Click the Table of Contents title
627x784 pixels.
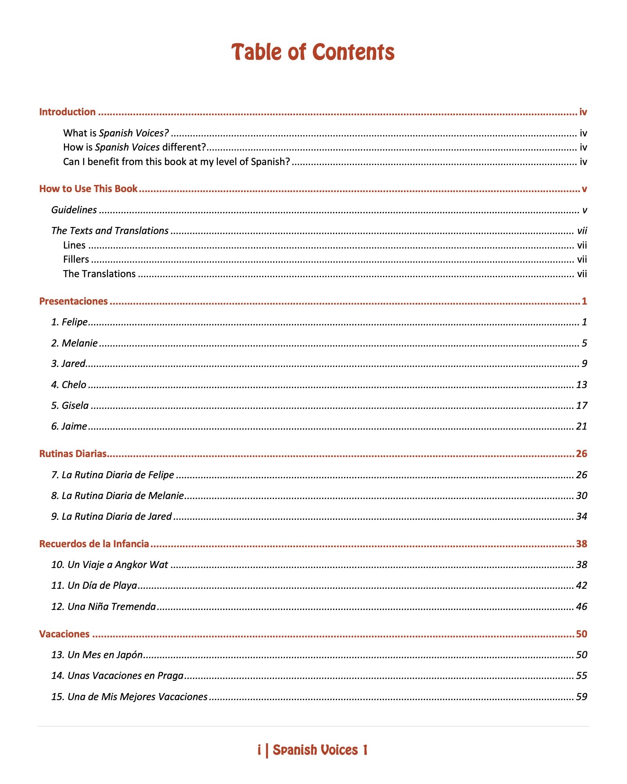(313, 52)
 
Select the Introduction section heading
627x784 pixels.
(67, 112)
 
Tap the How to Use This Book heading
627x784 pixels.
(88, 189)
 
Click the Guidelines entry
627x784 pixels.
(74, 210)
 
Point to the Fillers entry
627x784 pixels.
(76, 260)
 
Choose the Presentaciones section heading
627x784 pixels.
(73, 301)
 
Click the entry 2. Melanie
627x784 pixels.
(74, 343)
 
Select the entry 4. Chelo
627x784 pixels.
(69, 385)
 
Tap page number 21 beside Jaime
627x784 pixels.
(582, 426)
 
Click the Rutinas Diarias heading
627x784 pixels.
(73, 454)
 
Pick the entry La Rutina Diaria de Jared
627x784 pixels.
(112, 516)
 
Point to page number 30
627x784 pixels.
(582, 495)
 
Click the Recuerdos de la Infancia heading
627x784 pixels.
(94, 544)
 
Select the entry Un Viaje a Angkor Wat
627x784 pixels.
(110, 564)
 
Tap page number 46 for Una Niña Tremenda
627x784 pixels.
(582, 606)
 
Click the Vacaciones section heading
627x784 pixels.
(64, 634)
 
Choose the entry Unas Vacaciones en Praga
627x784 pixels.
(118, 675)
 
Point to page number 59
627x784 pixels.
(582, 697)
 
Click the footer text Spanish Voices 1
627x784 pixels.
(320, 750)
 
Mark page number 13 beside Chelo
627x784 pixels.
(582, 385)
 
